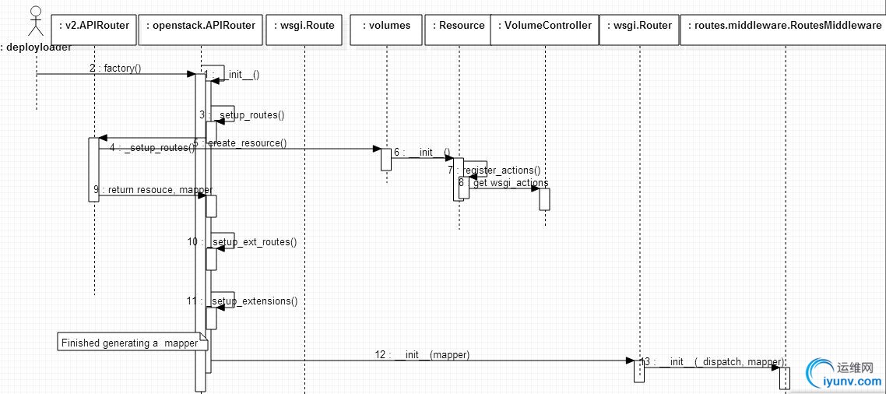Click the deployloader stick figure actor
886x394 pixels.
click(35, 22)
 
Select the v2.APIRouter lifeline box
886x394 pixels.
click(95, 25)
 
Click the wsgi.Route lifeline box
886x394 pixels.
click(304, 25)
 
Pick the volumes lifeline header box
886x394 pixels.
click(386, 25)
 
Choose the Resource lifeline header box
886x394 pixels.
click(459, 25)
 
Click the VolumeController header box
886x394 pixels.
click(546, 25)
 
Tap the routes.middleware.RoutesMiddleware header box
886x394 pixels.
click(785, 25)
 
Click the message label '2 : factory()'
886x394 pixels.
click(115, 68)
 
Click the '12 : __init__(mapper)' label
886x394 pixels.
click(422, 354)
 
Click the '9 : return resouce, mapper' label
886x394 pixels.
click(152, 189)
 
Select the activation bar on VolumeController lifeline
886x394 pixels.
click(544, 199)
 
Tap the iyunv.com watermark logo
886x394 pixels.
click(843, 374)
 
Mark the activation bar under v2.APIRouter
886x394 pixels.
click(93, 169)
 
